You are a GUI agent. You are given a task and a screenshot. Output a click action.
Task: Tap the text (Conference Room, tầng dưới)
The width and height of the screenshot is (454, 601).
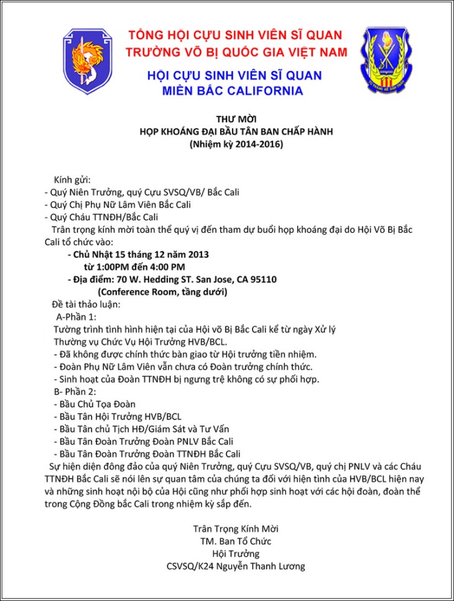pos(162,292)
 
